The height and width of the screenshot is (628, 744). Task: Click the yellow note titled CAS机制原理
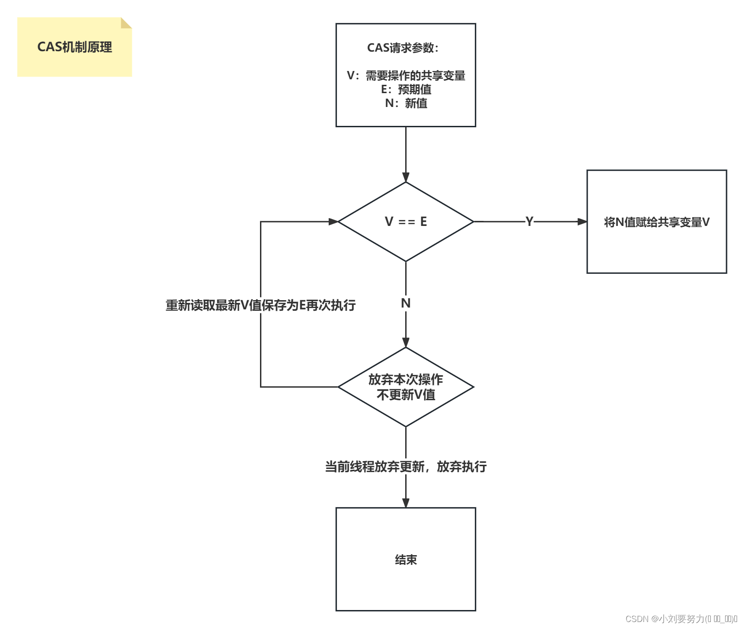tap(74, 47)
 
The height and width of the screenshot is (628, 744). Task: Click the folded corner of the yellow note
tap(126, 23)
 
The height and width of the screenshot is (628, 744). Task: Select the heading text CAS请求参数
tap(402, 48)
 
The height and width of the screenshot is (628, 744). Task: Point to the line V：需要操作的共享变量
tap(406, 76)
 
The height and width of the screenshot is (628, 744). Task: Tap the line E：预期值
tap(406, 89)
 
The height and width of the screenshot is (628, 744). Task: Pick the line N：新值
tap(406, 103)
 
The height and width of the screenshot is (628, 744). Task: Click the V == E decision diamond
tap(406, 222)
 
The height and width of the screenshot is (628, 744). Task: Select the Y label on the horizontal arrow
tap(529, 222)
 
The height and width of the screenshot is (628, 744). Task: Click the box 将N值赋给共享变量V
tap(656, 222)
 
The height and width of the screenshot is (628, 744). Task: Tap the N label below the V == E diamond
tap(406, 303)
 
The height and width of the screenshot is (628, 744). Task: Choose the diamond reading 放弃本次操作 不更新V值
tap(406, 387)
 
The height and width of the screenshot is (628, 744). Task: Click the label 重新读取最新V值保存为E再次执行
tap(260, 305)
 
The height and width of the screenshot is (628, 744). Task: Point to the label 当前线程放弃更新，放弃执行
tap(406, 467)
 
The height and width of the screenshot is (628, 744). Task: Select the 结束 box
tap(406, 559)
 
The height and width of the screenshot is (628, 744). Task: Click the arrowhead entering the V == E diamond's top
tap(406, 178)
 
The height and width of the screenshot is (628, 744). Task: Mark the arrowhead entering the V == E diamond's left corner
tap(333, 222)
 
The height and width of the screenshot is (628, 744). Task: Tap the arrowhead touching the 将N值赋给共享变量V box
tap(582, 222)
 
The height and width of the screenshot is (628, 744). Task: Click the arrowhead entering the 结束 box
tap(406, 503)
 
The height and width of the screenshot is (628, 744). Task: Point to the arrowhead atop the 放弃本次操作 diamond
tap(406, 343)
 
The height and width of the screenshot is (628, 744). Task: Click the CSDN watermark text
tap(681, 619)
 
